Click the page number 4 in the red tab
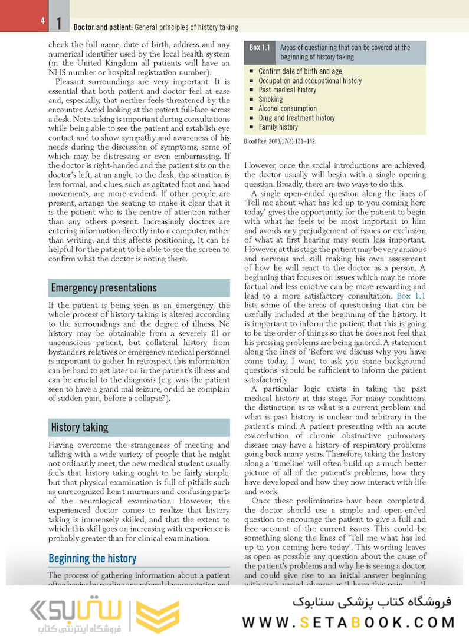pyautogui.click(x=42, y=21)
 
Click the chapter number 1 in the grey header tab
pyautogui.click(x=59, y=24)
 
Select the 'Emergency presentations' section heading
pyautogui.click(x=104, y=288)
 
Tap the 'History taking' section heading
pyautogui.click(x=79, y=428)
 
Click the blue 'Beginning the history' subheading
pyautogui.click(x=92, y=558)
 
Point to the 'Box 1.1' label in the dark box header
pyautogui.click(x=260, y=48)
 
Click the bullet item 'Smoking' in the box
pyautogui.click(x=270, y=100)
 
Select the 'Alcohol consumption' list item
pyautogui.click(x=287, y=109)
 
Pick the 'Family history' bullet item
pyautogui.click(x=278, y=127)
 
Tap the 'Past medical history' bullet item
pyautogui.click(x=287, y=90)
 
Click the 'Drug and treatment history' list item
pyautogui.click(x=297, y=118)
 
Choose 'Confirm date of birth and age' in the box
pyautogui.click(x=300, y=71)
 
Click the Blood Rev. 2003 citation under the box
pyautogui.click(x=280, y=141)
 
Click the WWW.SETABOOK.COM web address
pyautogui.click(x=348, y=622)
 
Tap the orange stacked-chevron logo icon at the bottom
pyautogui.click(x=158, y=617)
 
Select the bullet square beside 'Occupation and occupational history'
pyautogui.click(x=251, y=81)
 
